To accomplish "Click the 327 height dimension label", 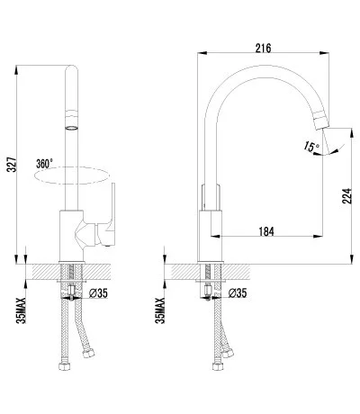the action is click(12, 164).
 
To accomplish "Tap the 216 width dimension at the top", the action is click(263, 48).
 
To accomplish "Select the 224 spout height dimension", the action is click(346, 196).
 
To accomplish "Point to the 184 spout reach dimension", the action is click(266, 231).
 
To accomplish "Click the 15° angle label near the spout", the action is click(311, 147).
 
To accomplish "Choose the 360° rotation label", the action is click(44, 164).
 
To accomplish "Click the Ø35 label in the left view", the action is click(98, 293).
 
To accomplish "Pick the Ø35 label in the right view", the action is click(238, 293).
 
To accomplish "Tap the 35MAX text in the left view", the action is click(22, 310).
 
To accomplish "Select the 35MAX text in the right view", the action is click(160, 310).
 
